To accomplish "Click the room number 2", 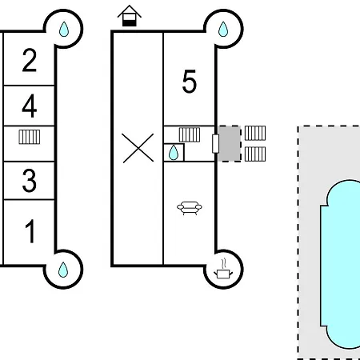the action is pyautogui.click(x=29, y=60).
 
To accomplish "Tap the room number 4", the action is pyautogui.click(x=29, y=106).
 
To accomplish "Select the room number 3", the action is pyautogui.click(x=29, y=181).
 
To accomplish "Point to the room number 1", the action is pyautogui.click(x=30, y=231).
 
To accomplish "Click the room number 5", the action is pyautogui.click(x=189, y=82).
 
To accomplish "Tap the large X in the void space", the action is pyautogui.click(x=138, y=148).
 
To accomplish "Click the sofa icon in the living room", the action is pyautogui.click(x=190, y=208).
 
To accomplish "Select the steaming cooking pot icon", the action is pyautogui.click(x=223, y=269).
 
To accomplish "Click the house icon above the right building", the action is pyautogui.click(x=130, y=16).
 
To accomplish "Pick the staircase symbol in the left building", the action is pyautogui.click(x=30, y=137).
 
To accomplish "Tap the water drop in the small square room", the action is pyautogui.click(x=174, y=153).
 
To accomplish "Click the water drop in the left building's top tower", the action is pyautogui.click(x=64, y=29).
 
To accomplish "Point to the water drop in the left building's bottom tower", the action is pyautogui.click(x=63, y=270).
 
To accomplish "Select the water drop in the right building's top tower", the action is pyautogui.click(x=223, y=29).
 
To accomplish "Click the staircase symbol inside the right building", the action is pyautogui.click(x=190, y=134).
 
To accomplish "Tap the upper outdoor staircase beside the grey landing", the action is pyautogui.click(x=255, y=133).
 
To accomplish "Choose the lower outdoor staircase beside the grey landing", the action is pyautogui.click(x=255, y=154).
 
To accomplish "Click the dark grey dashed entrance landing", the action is pyautogui.click(x=230, y=144).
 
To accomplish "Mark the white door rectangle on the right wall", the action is pyautogui.click(x=215, y=144).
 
